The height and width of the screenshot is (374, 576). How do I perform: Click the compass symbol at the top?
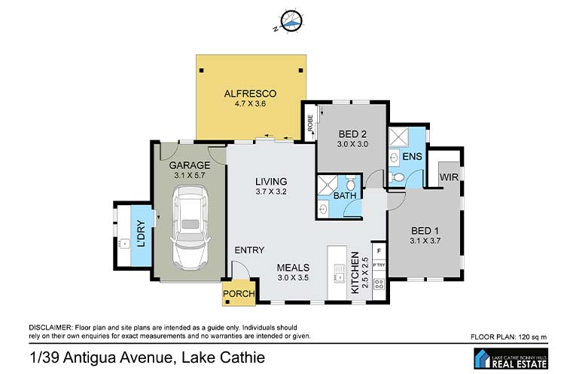[x=292, y=21]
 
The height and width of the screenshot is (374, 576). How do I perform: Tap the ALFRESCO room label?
[x=250, y=93]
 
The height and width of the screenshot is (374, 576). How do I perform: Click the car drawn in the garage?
[x=190, y=228]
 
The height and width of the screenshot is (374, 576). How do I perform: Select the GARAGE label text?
[x=190, y=165]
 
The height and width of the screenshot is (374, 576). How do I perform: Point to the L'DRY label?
[x=141, y=234]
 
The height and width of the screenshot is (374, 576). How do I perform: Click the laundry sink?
[x=124, y=243]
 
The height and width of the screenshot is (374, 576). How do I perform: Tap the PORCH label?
[x=239, y=294]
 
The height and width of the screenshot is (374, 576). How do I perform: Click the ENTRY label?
[x=249, y=250]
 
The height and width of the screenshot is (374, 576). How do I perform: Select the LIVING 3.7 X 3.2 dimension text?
[x=271, y=192]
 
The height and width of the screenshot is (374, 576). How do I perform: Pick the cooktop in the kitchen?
[x=379, y=284]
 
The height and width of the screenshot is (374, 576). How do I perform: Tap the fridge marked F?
[x=379, y=251]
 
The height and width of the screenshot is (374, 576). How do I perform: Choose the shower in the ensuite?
[x=398, y=136]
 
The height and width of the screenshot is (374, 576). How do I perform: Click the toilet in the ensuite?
[x=396, y=178]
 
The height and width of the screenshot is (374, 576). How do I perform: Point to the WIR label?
[x=449, y=177]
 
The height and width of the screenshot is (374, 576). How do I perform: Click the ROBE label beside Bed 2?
[x=310, y=123]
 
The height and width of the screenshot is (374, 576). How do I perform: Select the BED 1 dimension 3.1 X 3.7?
[x=425, y=241]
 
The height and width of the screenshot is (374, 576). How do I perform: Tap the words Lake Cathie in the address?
[x=224, y=357]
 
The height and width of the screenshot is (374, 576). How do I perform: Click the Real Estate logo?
[x=511, y=359]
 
